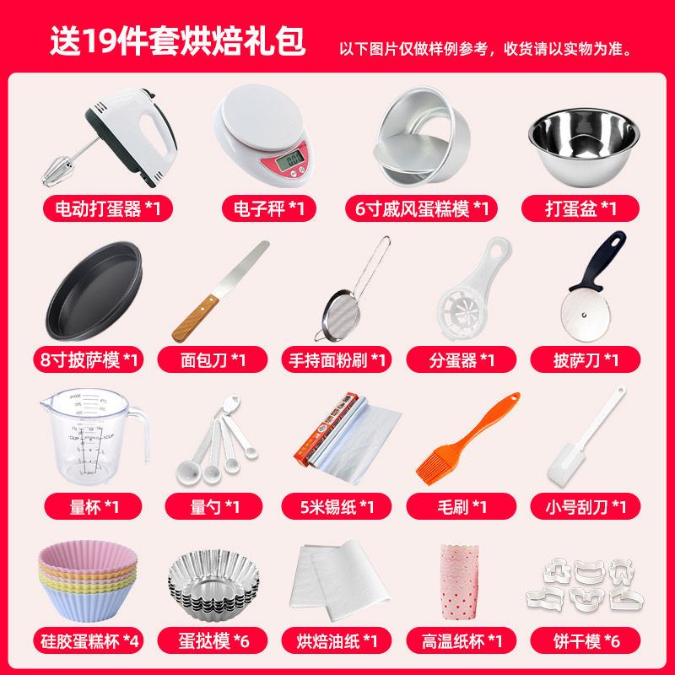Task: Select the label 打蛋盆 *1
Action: (581, 208)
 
